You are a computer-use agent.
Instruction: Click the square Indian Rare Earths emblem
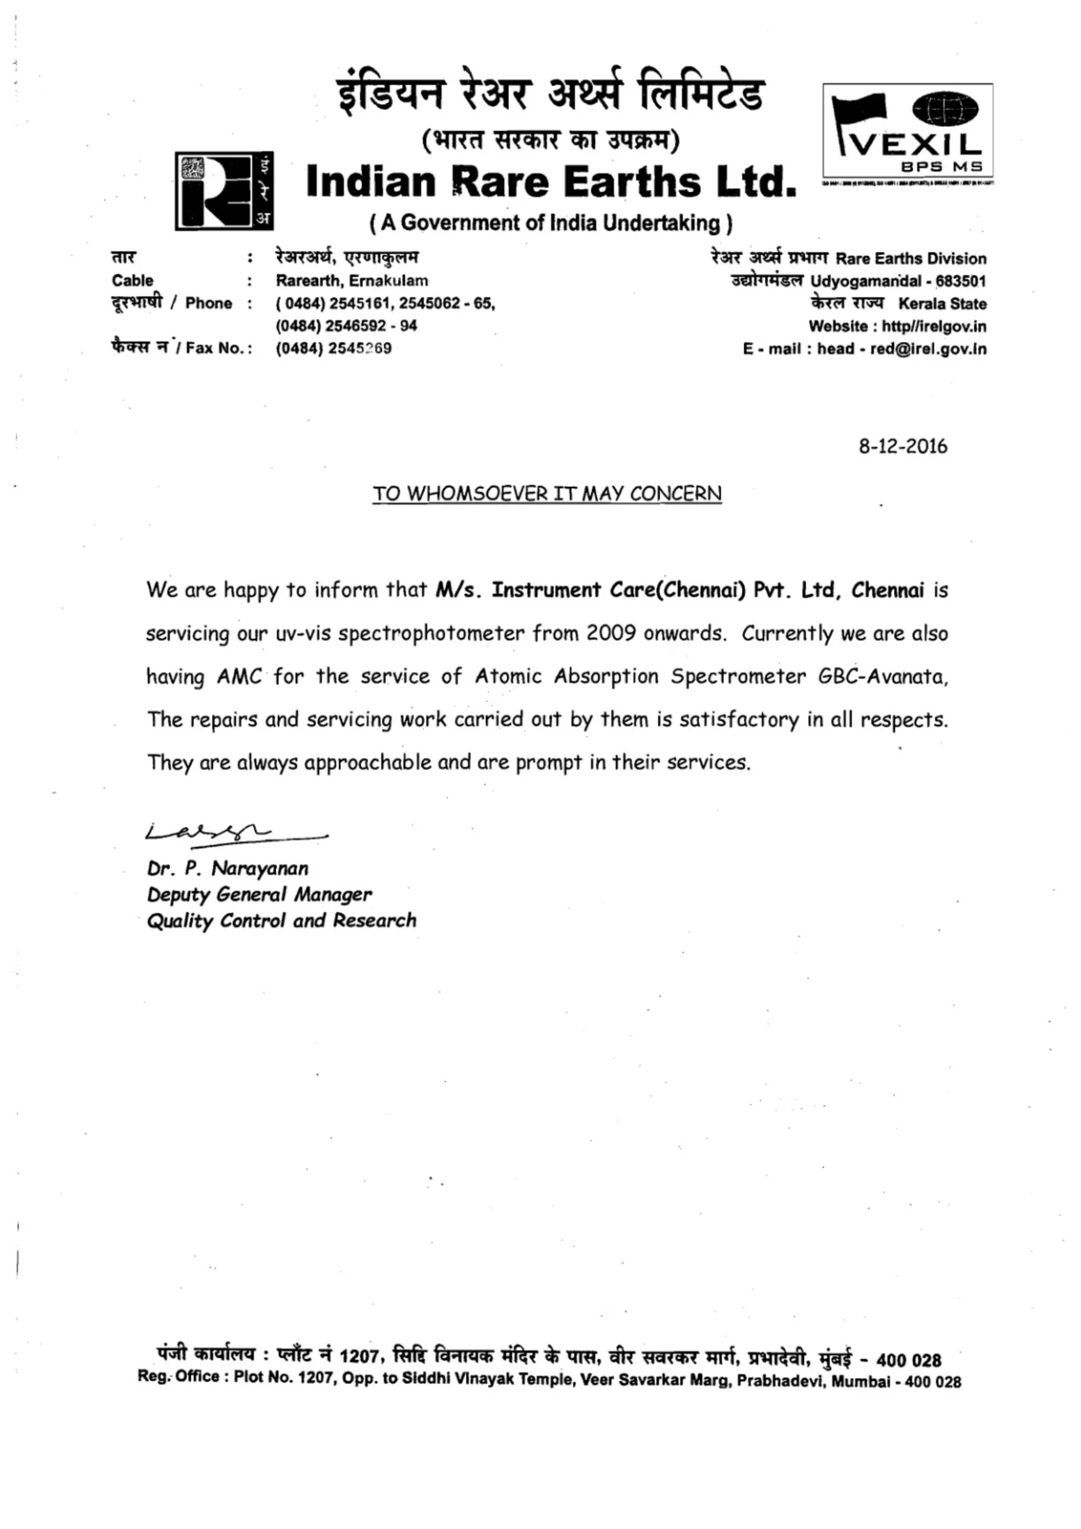224,191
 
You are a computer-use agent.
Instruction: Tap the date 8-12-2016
902,446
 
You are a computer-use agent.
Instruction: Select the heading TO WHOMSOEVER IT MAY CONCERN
547,494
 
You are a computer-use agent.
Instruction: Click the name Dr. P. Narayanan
227,868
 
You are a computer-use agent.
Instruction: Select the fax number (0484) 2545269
334,348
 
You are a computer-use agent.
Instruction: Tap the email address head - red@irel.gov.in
901,349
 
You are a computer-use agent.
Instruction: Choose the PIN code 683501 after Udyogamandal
960,281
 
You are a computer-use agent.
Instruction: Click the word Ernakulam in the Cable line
388,280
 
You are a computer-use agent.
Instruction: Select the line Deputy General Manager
259,894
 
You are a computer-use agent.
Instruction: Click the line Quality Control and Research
282,920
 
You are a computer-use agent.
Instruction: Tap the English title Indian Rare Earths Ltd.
551,182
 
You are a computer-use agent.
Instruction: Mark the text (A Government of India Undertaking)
550,222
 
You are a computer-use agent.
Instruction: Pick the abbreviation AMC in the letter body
239,677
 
